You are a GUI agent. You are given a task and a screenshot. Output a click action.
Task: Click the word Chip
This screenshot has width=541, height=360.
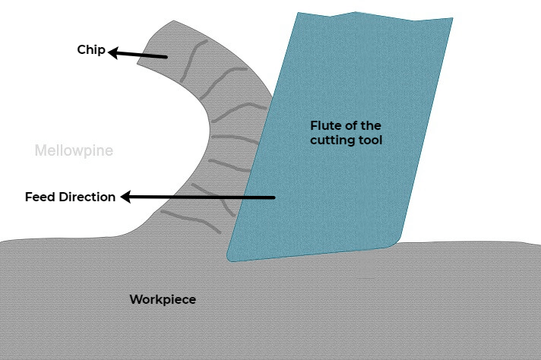coord(90,50)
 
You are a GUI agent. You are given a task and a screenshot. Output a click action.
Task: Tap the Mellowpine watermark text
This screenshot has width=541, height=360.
coord(74,151)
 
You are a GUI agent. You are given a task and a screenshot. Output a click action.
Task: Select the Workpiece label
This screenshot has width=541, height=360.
coord(163,299)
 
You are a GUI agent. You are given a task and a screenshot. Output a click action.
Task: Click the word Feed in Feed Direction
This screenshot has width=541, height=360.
coord(40,197)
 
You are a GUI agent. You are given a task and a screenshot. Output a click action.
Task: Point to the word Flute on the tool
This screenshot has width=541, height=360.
coord(325,125)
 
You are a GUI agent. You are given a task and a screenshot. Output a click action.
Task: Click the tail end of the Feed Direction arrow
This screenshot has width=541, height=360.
coord(274,198)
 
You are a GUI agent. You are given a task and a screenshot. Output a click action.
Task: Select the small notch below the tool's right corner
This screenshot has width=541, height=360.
coord(366,266)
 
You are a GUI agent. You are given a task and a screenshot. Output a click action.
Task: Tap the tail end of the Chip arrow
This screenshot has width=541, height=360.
coord(167,57)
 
